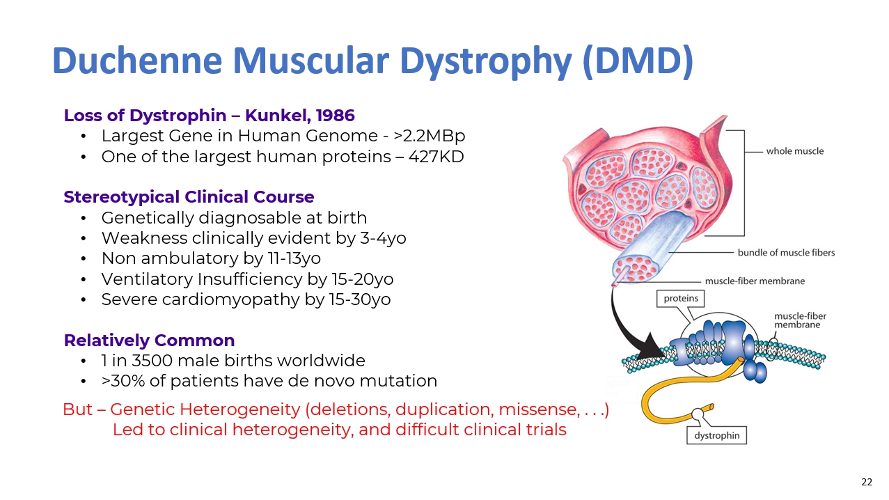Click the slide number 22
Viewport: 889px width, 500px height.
pyautogui.click(x=867, y=482)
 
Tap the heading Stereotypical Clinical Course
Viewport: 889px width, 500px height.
pyautogui.click(x=189, y=196)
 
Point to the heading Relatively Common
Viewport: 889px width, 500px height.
pyautogui.click(x=149, y=341)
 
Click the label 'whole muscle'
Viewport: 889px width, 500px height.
pyautogui.click(x=794, y=151)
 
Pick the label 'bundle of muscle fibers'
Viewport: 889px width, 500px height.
pyautogui.click(x=786, y=252)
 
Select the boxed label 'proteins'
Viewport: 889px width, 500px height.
pyautogui.click(x=680, y=299)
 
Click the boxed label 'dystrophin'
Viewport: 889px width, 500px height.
pyautogui.click(x=716, y=436)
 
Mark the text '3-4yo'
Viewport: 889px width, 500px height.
pyautogui.click(x=381, y=238)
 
